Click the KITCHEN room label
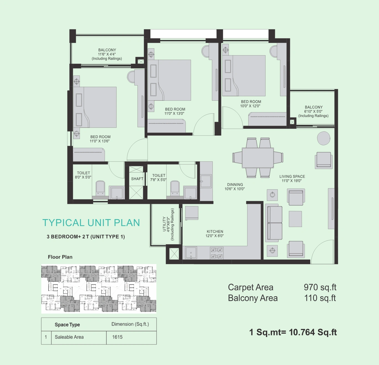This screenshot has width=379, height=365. (215, 231)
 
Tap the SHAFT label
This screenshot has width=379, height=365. (137, 179)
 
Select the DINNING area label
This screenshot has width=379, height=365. (235, 184)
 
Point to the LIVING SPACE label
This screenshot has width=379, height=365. (292, 176)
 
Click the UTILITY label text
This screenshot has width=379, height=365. (164, 224)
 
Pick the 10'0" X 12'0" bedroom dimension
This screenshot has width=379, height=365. (250, 106)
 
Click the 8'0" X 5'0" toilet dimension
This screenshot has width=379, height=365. (83, 177)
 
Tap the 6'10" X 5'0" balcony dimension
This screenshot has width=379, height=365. (313, 111)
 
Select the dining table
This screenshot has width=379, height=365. (258, 158)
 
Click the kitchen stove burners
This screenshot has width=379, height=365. (217, 253)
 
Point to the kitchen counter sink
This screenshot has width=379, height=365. (191, 253)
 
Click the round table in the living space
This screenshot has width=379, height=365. (324, 138)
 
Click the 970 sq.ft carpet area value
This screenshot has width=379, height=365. (320, 287)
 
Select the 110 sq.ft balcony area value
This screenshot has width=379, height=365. (320, 298)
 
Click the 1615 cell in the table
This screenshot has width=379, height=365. (117, 337)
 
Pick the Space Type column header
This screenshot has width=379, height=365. (67, 325)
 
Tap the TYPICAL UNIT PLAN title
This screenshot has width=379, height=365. (91, 223)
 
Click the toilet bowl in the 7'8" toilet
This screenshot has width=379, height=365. (175, 188)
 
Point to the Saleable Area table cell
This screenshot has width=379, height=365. (69, 337)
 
